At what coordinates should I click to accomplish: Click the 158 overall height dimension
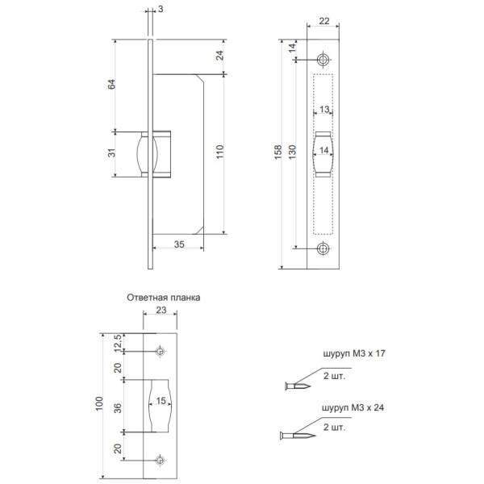(x=278, y=152)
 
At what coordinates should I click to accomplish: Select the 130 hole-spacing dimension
(x=292, y=152)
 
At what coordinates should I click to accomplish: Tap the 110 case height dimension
(x=219, y=152)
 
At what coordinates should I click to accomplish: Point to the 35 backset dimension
(x=179, y=244)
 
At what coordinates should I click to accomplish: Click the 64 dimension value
(x=111, y=84)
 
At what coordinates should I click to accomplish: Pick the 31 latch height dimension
(x=111, y=152)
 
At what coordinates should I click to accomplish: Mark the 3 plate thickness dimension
(x=161, y=9)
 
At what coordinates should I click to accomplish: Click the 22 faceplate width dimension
(x=324, y=21)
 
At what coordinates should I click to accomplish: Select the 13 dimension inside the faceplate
(x=324, y=109)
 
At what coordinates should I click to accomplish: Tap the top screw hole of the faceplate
(x=323, y=60)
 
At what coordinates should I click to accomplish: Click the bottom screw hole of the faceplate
(x=323, y=248)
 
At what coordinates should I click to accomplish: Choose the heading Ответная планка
(x=164, y=298)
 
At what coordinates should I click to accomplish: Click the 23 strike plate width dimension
(x=161, y=310)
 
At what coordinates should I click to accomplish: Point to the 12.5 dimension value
(x=119, y=343)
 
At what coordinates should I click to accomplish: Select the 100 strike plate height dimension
(x=98, y=403)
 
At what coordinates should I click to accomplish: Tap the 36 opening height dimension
(x=118, y=408)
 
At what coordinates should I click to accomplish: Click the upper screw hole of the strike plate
(x=160, y=351)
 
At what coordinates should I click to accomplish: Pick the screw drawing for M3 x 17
(x=298, y=386)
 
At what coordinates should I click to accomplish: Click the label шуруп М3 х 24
(x=353, y=407)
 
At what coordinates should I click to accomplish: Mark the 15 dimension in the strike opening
(x=161, y=401)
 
